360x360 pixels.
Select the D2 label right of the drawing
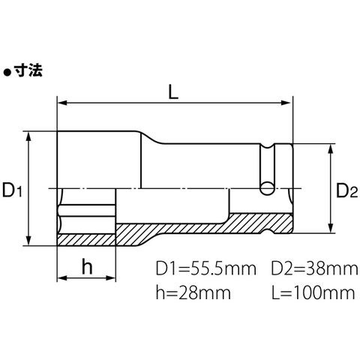coord(347,190)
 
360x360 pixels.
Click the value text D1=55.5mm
coord(206,268)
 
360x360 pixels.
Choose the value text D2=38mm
coord(315,268)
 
